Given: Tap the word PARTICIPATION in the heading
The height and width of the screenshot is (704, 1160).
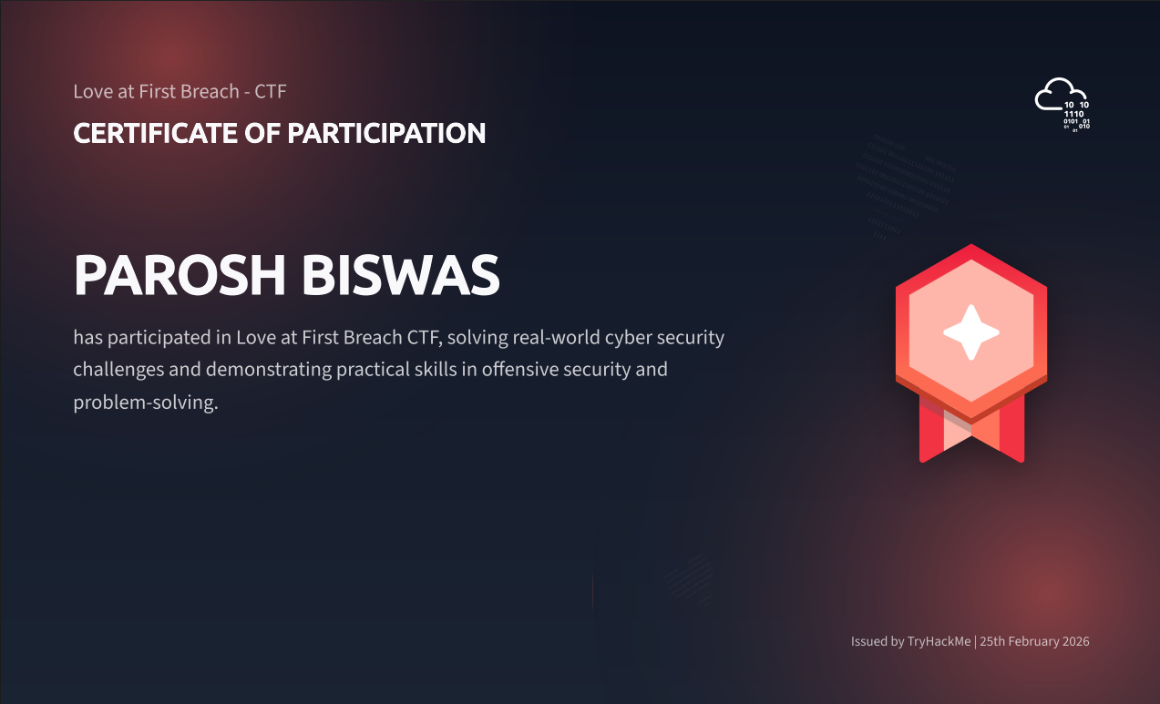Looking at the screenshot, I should [x=386, y=133].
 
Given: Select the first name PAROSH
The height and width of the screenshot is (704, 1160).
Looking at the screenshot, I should [x=179, y=275].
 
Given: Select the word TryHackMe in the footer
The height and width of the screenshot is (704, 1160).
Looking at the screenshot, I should [x=939, y=641].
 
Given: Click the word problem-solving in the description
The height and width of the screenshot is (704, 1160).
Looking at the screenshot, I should [x=146, y=403].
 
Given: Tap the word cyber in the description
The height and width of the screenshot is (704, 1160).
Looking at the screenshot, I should [x=631, y=338].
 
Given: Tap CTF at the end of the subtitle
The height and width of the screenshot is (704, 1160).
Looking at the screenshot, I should [x=272, y=91].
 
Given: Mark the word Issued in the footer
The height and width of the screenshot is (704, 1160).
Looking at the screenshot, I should [x=868, y=641].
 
